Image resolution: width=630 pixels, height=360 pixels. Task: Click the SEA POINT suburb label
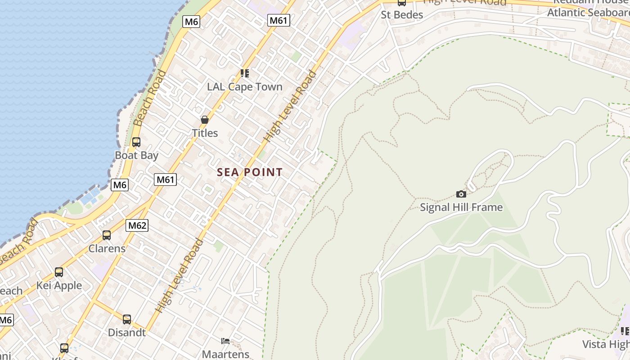coord(250,172)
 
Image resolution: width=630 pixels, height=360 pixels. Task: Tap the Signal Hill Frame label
coord(461,207)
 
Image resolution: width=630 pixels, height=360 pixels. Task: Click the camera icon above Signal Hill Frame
coord(461,194)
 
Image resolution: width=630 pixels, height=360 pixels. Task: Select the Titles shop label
coord(205,133)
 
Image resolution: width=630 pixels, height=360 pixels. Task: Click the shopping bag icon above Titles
coord(205,120)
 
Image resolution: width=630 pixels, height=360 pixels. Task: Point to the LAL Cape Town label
coord(245,87)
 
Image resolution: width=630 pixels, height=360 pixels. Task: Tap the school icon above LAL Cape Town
coord(245,73)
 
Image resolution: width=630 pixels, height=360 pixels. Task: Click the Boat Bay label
coord(136,156)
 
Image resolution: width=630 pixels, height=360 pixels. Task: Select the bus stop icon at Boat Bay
coord(136,142)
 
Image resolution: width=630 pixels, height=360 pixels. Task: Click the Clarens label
coord(107,248)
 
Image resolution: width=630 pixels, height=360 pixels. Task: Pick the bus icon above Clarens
coord(107,235)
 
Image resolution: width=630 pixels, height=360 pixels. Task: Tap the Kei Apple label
coord(59,286)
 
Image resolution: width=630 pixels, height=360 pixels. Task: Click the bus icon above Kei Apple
coord(59,272)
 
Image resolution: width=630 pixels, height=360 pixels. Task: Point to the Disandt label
coord(127,333)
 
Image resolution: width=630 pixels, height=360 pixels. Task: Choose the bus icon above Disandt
coord(127,319)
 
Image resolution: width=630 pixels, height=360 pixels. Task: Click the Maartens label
coord(225,354)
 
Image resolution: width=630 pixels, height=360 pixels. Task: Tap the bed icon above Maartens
coord(225,341)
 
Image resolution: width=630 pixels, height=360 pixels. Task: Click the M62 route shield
coord(137,225)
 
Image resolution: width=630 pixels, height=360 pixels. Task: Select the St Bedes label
coord(402,15)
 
